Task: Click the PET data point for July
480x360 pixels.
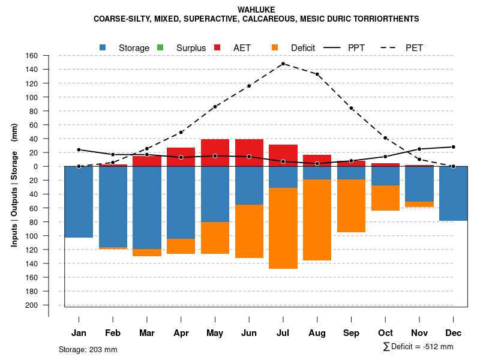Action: [283, 64]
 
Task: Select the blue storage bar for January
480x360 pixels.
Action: [79, 202]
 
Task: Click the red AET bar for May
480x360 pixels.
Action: [215, 152]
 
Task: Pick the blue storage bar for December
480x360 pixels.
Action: [453, 193]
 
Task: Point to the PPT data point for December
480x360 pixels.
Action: [453, 147]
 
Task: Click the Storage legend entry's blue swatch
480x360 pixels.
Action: [103, 47]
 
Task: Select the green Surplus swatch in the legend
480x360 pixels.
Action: [160, 47]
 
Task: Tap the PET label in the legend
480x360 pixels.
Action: [414, 47]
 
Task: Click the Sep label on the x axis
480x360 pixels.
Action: [351, 333]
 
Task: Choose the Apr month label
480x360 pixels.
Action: [181, 333]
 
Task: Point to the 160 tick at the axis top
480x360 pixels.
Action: [31, 56]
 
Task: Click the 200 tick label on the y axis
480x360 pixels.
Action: [31, 305]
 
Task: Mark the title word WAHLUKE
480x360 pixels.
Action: [256, 10]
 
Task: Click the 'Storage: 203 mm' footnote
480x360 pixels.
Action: [88, 349]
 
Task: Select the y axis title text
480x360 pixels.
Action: [14, 186]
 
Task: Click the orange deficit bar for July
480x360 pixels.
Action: [283, 228]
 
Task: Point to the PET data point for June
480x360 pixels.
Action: [249, 86]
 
